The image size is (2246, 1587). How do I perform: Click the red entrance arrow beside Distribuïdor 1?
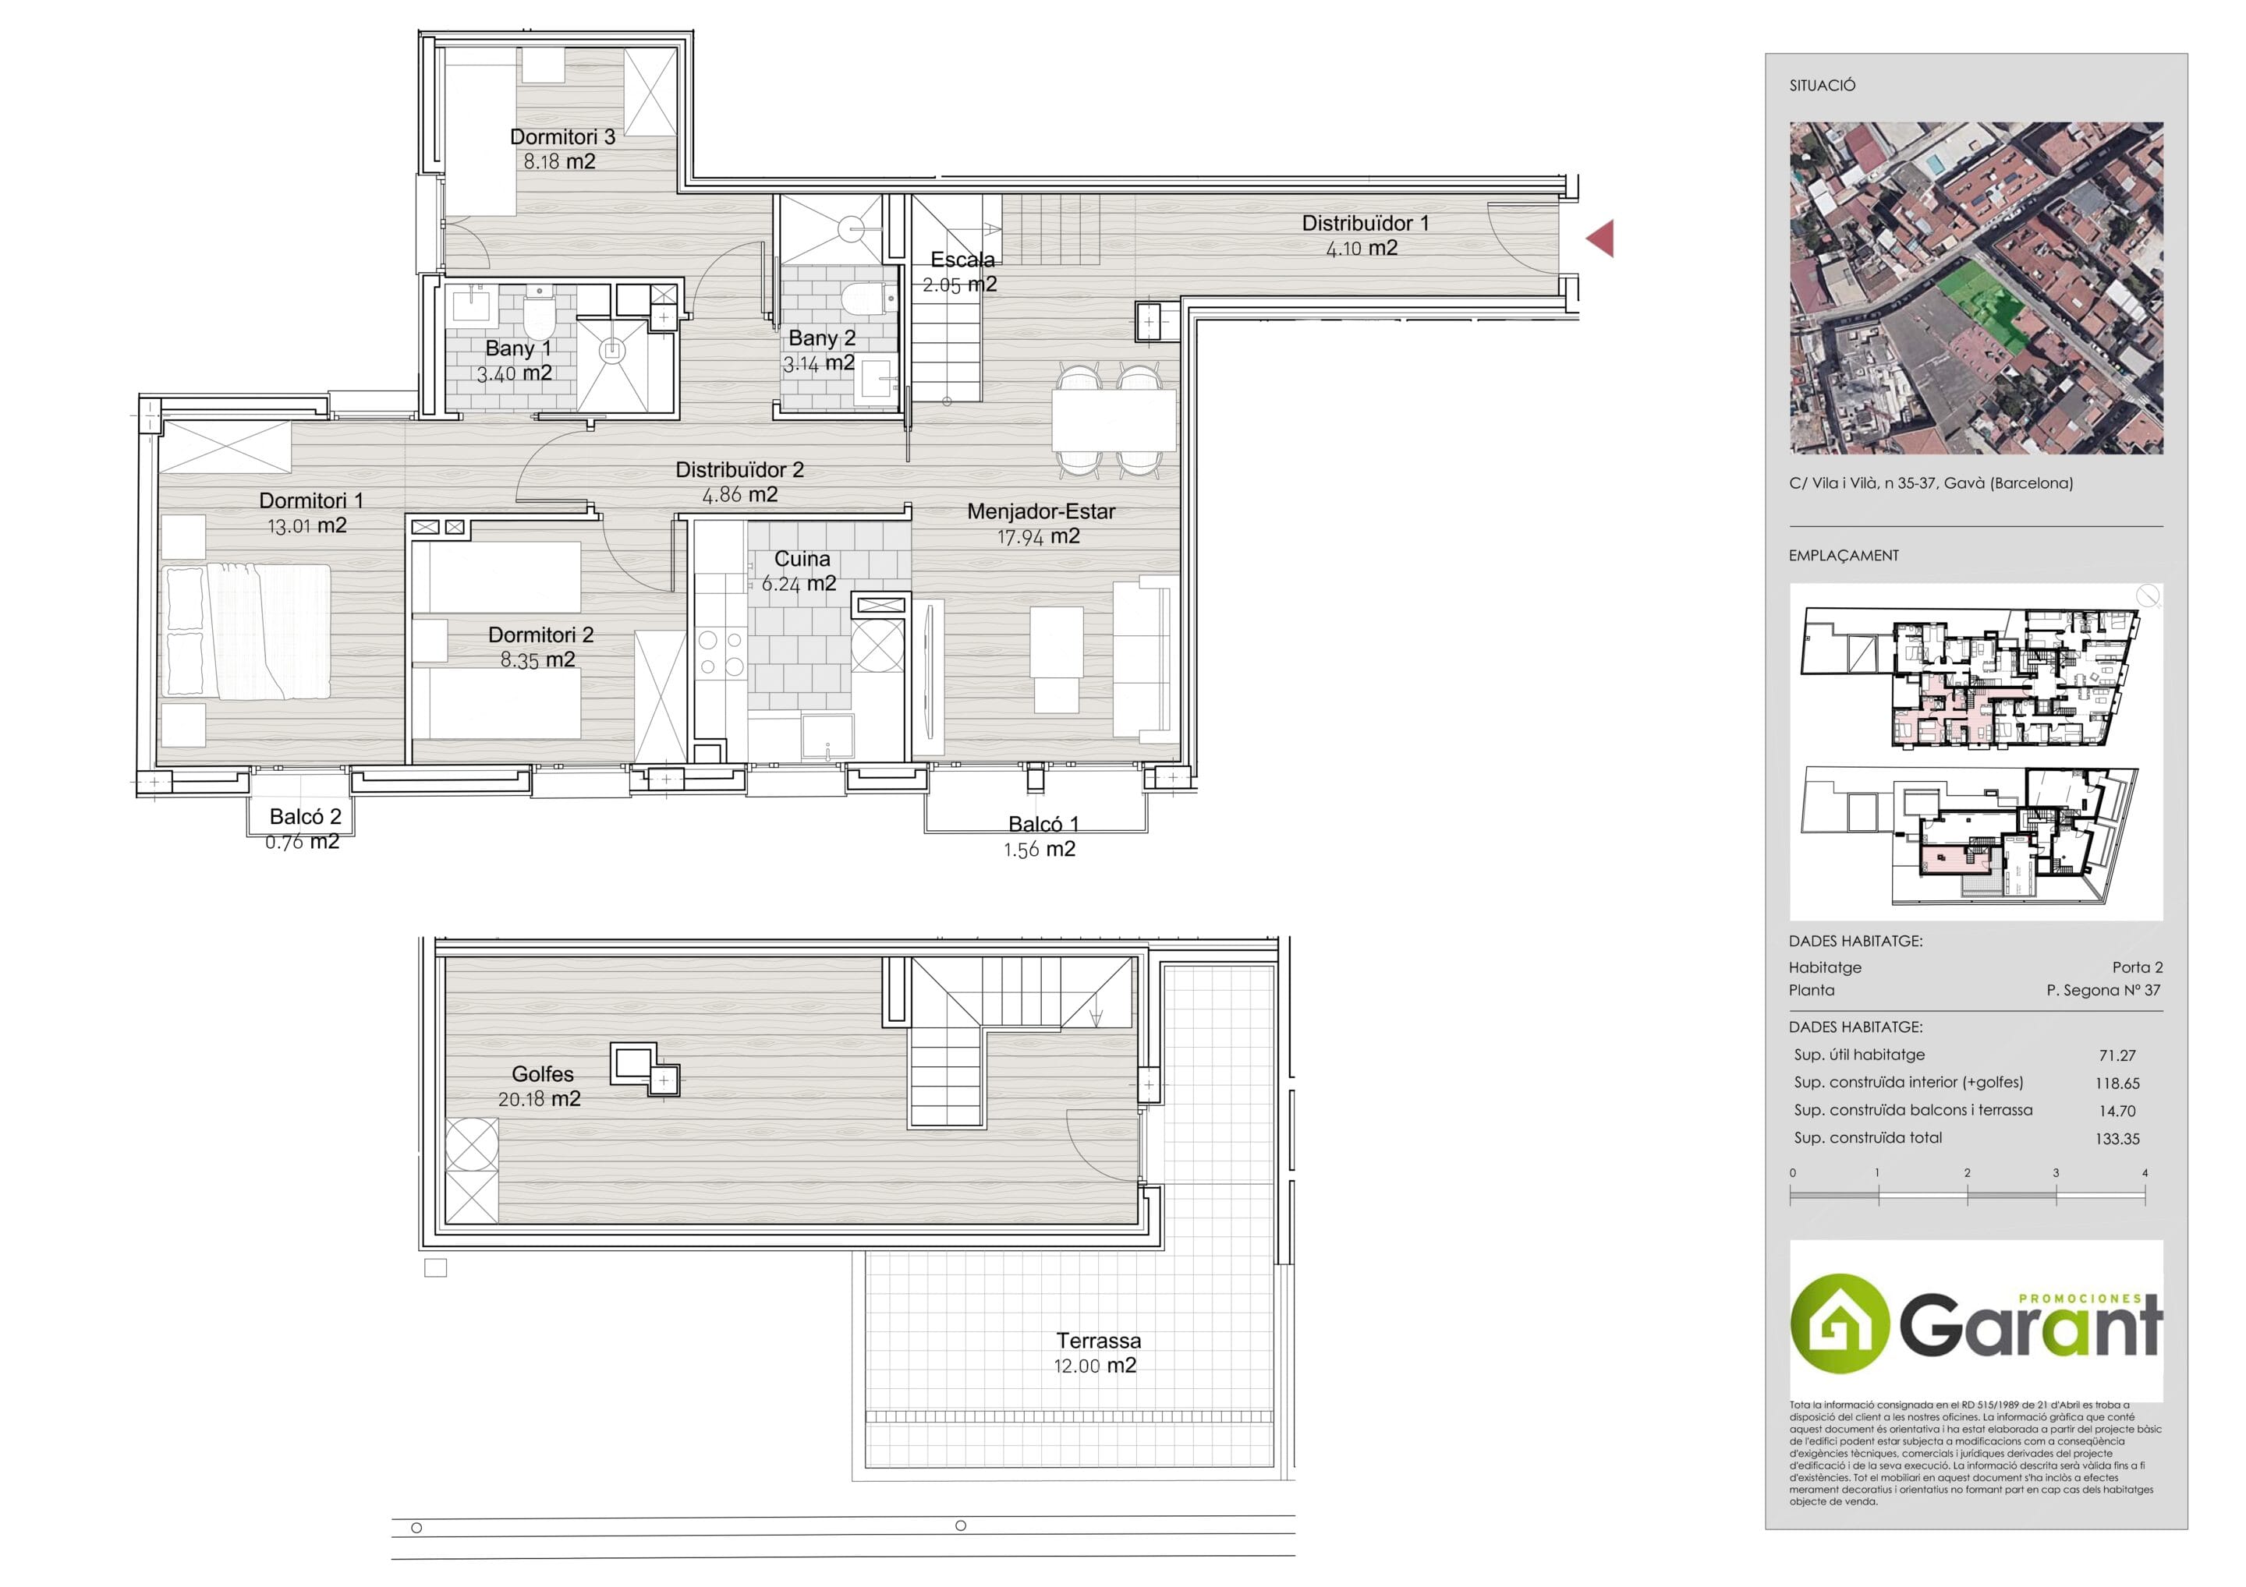(x=1600, y=239)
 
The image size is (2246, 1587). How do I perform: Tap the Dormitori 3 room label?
(x=562, y=137)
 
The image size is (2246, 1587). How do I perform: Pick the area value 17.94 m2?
(x=1038, y=537)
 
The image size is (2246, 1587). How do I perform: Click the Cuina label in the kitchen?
(x=802, y=560)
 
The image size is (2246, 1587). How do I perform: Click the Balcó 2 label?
(x=305, y=816)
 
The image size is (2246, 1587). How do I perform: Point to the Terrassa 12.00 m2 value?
(x=1095, y=1366)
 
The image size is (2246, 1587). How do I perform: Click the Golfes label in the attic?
(x=543, y=1073)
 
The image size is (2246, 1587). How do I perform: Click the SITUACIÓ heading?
(x=1823, y=86)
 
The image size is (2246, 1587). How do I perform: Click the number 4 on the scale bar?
(x=2145, y=1172)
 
